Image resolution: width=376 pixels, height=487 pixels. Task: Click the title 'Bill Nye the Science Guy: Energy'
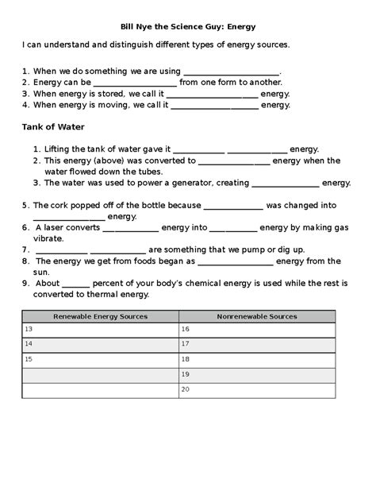[x=188, y=26]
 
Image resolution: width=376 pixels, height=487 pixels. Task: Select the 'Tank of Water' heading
[x=53, y=127]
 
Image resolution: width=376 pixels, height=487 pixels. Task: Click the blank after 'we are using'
[x=231, y=72]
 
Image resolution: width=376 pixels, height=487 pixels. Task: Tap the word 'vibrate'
[x=47, y=238]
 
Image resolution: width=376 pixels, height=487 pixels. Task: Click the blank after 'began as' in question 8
[x=235, y=261]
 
